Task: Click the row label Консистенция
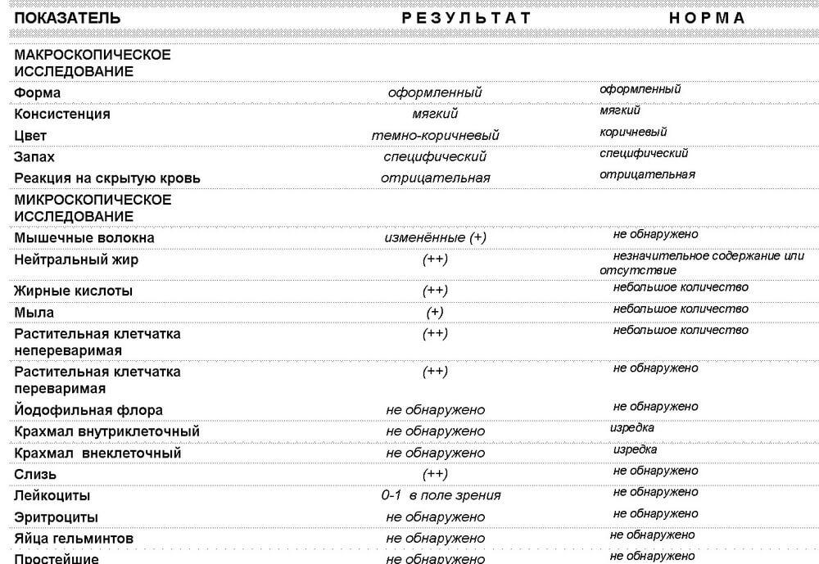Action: point(62,115)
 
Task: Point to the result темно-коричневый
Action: point(435,135)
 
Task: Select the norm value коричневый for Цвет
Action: point(633,132)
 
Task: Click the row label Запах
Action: point(34,157)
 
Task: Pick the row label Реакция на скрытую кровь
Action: point(107,178)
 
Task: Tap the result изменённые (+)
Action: point(435,237)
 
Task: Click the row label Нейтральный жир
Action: point(76,259)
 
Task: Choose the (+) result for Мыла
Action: point(435,313)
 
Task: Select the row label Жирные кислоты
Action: point(73,291)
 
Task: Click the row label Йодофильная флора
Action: point(88,410)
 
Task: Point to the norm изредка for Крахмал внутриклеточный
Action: point(631,428)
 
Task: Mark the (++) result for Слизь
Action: point(435,474)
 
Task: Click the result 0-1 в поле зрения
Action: point(441,495)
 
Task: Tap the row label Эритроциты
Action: point(56,517)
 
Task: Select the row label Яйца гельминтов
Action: point(74,539)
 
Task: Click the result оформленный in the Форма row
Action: point(435,92)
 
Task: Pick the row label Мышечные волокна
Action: point(84,238)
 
